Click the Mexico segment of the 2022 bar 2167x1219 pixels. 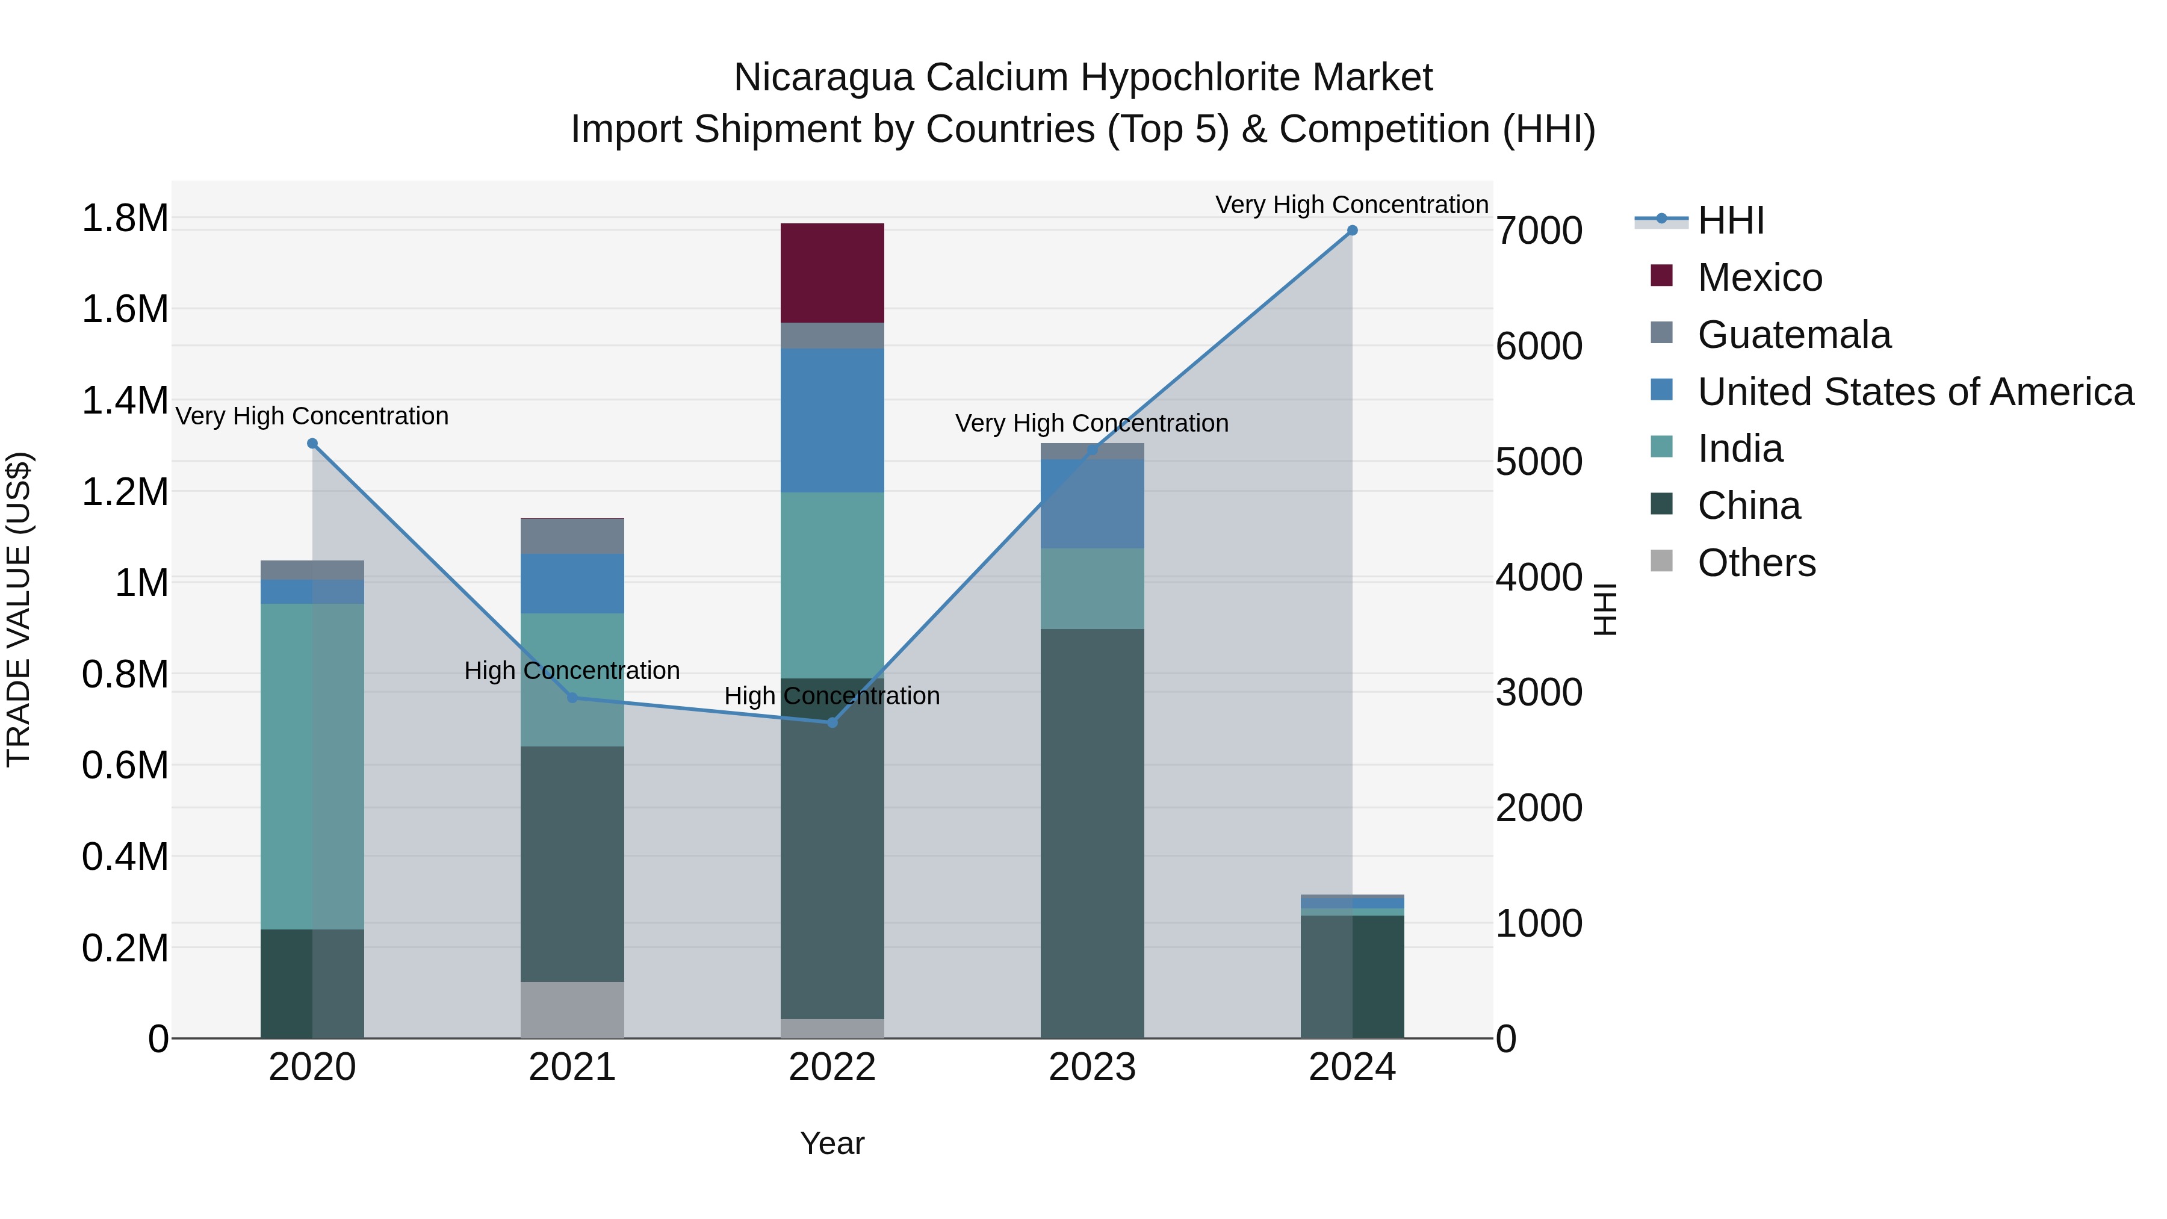pyautogui.click(x=832, y=273)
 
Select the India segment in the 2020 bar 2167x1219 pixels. pyautogui.click(x=312, y=766)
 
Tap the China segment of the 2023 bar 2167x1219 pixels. pyautogui.click(x=1092, y=833)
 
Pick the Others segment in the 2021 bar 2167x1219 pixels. pyautogui.click(x=572, y=1009)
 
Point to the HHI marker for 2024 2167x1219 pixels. pyautogui.click(x=1352, y=231)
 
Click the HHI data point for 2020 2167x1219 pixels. pyautogui.click(x=312, y=443)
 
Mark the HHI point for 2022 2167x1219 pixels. pyautogui.click(x=832, y=722)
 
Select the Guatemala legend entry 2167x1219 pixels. pyautogui.click(x=1794, y=335)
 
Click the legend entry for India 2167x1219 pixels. pyautogui.click(x=1740, y=448)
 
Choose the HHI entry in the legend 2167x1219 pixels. pyautogui.click(x=1731, y=220)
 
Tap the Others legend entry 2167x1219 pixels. pyautogui.click(x=1756, y=563)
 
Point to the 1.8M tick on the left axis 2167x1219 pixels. pyautogui.click(x=125, y=219)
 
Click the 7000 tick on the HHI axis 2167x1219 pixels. pyautogui.click(x=1539, y=231)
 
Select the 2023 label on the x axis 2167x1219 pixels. pyautogui.click(x=1092, y=1067)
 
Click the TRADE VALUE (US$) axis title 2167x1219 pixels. pyautogui.click(x=19, y=609)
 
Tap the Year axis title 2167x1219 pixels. pyautogui.click(x=832, y=1143)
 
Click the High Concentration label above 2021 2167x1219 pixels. pyautogui.click(x=572, y=671)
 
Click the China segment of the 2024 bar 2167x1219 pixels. pyautogui.click(x=1352, y=976)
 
